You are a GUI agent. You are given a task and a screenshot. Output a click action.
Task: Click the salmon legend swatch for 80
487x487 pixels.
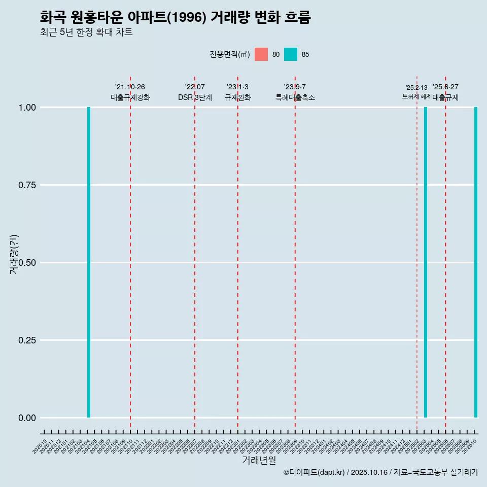coord(261,54)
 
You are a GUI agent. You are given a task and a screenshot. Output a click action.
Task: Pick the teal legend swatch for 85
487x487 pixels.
coord(291,54)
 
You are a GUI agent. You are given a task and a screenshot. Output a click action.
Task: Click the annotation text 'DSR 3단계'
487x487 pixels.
coord(195,97)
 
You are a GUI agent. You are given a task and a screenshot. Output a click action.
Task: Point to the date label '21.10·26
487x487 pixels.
coord(130,87)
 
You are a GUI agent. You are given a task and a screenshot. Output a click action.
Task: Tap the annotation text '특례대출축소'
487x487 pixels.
coord(295,97)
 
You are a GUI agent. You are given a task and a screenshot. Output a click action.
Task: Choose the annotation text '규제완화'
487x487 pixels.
coord(238,97)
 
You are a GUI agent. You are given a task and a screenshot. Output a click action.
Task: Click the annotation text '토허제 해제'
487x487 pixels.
coord(416,96)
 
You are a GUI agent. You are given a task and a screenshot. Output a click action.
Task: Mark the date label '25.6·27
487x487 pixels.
coord(445,87)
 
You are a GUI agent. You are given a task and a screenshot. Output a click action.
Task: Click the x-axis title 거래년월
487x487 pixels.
coord(259,460)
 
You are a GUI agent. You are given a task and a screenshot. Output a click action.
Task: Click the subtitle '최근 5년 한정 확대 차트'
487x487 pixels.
coord(86,32)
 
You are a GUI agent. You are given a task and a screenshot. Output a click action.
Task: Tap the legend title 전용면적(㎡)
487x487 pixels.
coord(229,54)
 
